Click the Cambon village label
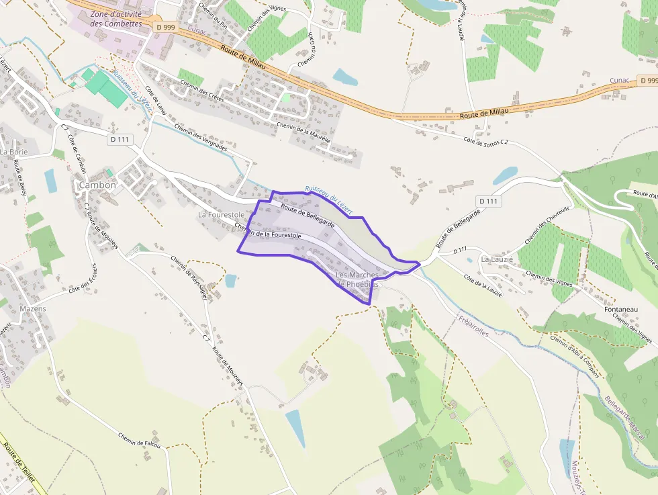point(97,185)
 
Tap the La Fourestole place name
point(221,214)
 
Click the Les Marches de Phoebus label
point(357,279)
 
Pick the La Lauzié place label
point(497,259)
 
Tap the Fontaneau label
point(620,309)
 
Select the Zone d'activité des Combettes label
point(115,18)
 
